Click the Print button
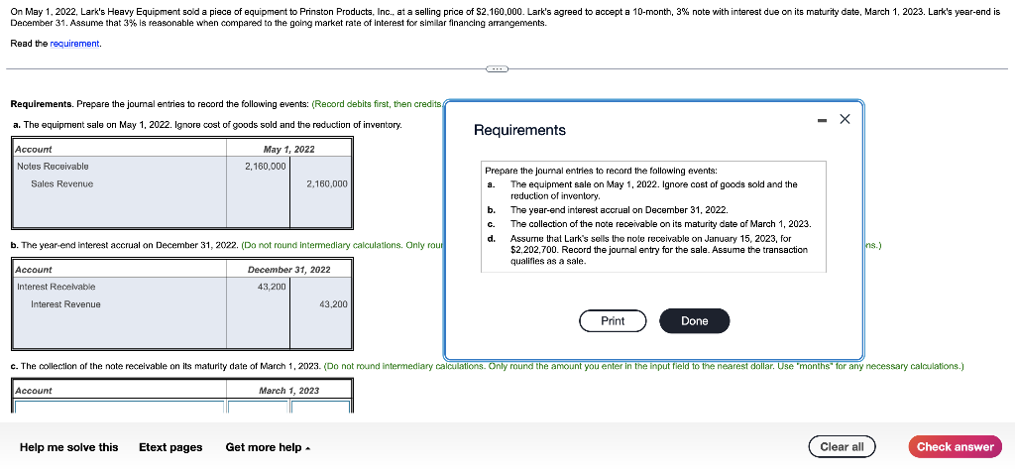pos(613,321)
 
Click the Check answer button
pos(955,446)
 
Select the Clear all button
pos(842,446)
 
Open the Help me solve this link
pos(68,447)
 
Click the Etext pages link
pos(170,447)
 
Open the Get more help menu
pos(268,447)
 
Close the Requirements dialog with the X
pos(845,119)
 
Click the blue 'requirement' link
pos(75,44)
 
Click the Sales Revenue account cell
pos(61,183)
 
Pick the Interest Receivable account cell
pos(56,287)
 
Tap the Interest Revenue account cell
pos(65,304)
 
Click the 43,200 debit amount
pos(272,287)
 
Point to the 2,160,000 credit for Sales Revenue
pos(326,183)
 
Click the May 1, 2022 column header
pos(288,149)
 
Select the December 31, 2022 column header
pos(288,270)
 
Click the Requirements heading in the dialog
pos(519,130)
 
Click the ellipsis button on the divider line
pos(497,69)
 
